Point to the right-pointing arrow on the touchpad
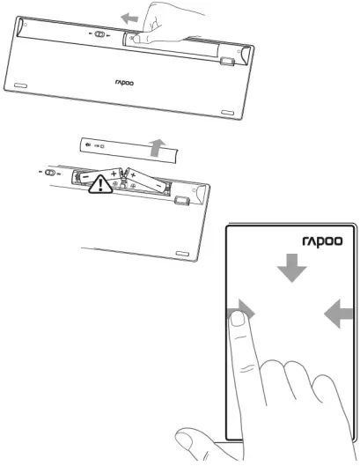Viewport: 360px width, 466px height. pos(243,310)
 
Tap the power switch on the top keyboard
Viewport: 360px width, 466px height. pos(103,37)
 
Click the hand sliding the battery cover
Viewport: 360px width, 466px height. pos(163,26)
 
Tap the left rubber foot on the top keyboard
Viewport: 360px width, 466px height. pos(20,85)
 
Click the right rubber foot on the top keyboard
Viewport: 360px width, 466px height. pos(226,112)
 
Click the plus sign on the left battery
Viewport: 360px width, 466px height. pos(114,174)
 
